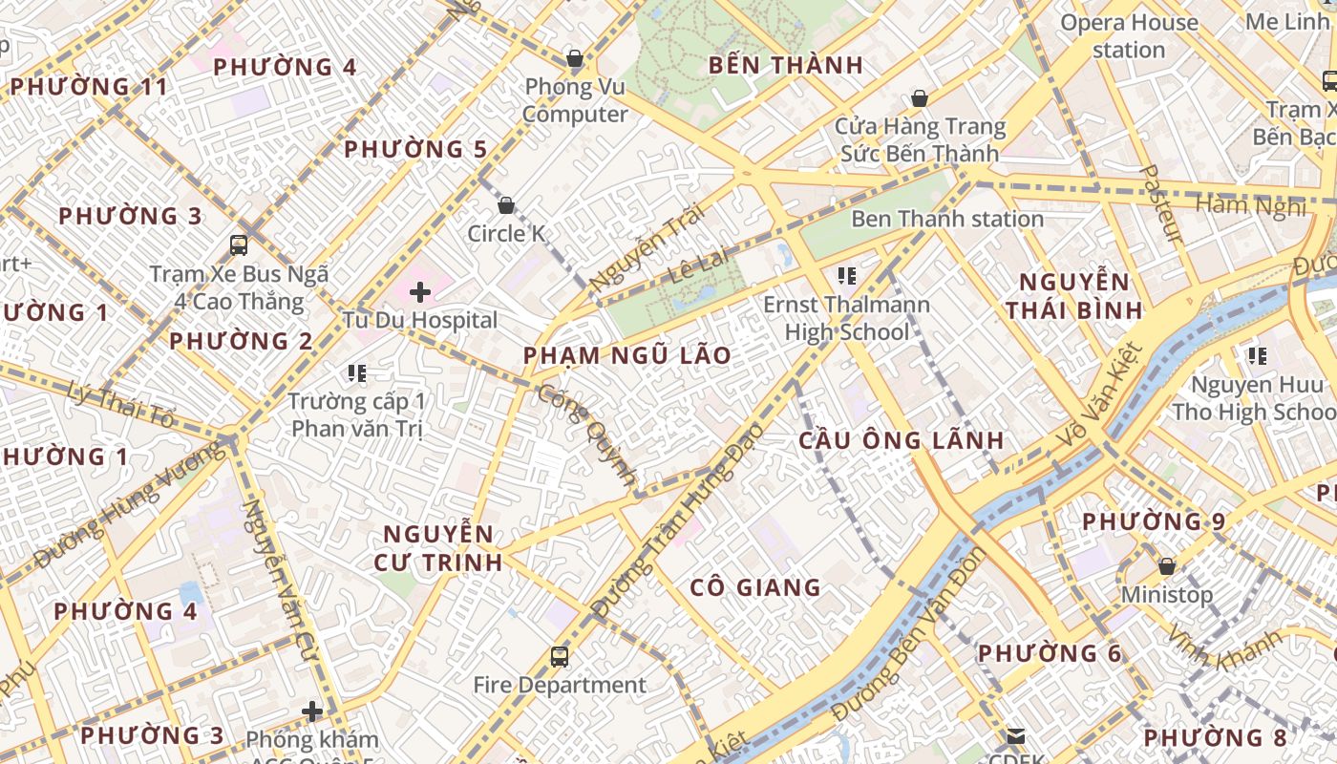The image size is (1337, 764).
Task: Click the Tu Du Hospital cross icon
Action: click(x=420, y=292)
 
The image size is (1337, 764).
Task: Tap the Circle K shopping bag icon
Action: click(x=506, y=205)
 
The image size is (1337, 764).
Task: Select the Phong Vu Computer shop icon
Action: click(x=575, y=59)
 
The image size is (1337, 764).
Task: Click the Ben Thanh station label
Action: click(x=946, y=219)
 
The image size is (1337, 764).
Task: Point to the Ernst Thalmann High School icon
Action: click(x=846, y=277)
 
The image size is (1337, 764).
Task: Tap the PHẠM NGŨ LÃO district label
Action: click(x=626, y=356)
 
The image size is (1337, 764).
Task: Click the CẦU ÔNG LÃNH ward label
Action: click(x=901, y=440)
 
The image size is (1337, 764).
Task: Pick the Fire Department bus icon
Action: click(x=560, y=657)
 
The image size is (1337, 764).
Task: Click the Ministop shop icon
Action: click(x=1166, y=567)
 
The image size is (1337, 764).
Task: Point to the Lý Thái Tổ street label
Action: click(x=122, y=404)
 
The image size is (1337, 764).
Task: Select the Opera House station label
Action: click(x=1129, y=36)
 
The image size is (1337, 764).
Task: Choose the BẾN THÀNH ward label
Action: click(x=786, y=66)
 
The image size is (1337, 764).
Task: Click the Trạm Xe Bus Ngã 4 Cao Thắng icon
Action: click(x=239, y=245)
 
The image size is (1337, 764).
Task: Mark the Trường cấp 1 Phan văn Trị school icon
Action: click(x=357, y=373)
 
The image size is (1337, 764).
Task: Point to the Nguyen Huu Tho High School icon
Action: click(x=1257, y=357)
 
